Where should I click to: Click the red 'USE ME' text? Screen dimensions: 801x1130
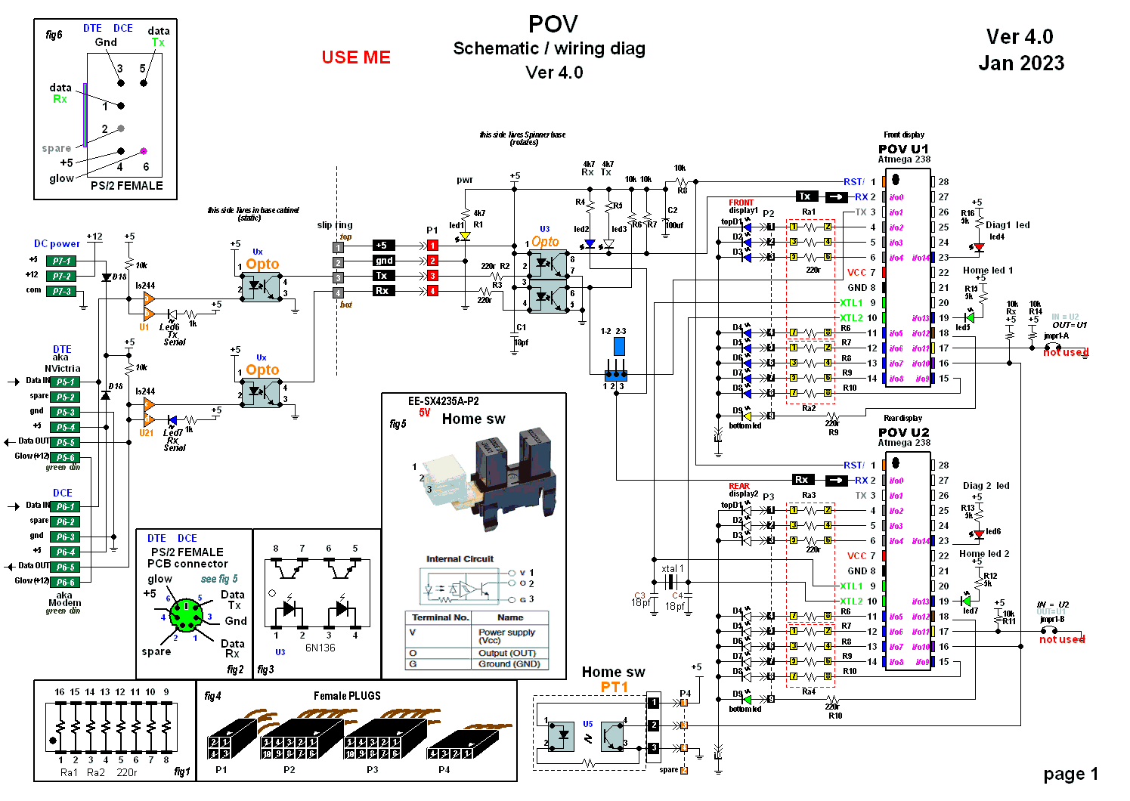coord(356,57)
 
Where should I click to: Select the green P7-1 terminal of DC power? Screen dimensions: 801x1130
coord(61,261)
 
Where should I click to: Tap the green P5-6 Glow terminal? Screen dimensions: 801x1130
coord(65,457)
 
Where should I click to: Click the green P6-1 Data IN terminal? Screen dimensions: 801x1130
coord(65,506)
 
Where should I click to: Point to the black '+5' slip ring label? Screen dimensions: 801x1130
coord(382,245)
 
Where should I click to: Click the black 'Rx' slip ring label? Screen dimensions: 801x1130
coord(382,290)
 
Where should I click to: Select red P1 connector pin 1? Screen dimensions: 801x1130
coord(432,245)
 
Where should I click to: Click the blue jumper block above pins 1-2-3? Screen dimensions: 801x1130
coord(619,346)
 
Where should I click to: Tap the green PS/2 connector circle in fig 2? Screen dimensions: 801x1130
coord(185,616)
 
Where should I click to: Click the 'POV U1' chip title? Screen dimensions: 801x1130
coord(903,149)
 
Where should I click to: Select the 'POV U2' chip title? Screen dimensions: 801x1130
coord(903,432)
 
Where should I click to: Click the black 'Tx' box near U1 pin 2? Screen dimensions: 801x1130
coord(805,196)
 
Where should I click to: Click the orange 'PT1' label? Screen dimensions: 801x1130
coord(615,686)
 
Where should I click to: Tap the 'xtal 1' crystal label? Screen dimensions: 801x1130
coord(672,568)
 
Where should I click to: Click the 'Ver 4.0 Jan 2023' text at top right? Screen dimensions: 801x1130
coord(1020,50)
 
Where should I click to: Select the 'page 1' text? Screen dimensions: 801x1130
coord(1070,774)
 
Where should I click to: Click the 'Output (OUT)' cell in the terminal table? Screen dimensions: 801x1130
coord(506,653)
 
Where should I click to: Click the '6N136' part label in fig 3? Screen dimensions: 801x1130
coord(320,648)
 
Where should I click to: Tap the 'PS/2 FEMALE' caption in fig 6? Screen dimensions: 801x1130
coord(126,185)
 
